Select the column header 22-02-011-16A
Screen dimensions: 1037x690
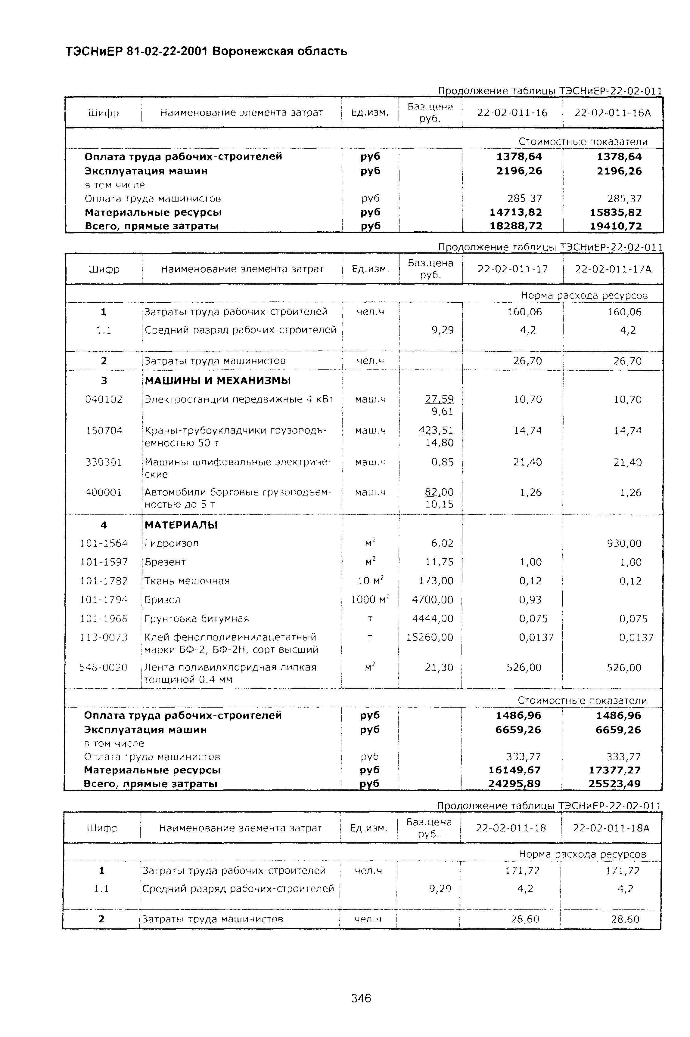click(613, 113)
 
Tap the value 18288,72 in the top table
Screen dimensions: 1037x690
click(516, 226)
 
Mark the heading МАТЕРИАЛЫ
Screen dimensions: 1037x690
click(181, 525)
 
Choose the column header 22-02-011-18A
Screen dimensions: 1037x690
click(611, 828)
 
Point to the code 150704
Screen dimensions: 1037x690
click(104, 430)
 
